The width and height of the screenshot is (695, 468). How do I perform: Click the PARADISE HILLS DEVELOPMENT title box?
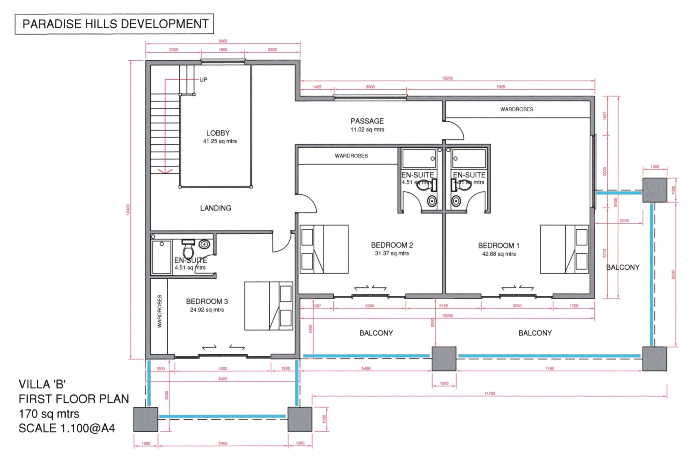click(114, 24)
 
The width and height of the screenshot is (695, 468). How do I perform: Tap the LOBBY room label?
click(218, 133)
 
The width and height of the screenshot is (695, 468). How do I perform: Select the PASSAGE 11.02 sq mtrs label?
click(367, 125)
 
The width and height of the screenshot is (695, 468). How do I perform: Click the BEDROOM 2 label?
click(392, 245)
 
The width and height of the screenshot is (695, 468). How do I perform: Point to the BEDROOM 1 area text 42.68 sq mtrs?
click(499, 254)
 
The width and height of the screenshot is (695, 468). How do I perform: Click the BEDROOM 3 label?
click(207, 302)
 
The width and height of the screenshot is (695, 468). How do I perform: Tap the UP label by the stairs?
click(203, 80)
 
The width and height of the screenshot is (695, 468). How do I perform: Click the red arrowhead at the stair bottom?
click(165, 171)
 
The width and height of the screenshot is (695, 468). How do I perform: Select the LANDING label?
click(215, 208)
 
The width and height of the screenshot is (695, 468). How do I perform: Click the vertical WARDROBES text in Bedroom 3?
click(159, 311)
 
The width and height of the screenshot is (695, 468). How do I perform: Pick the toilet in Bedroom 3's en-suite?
click(188, 249)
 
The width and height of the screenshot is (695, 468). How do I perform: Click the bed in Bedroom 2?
click(324, 249)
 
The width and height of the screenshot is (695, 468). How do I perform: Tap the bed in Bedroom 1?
click(564, 249)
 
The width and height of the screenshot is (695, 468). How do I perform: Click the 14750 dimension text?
click(490, 394)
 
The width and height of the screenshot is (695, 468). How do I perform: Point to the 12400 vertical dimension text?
click(128, 210)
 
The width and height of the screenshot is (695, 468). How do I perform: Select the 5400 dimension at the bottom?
click(223, 443)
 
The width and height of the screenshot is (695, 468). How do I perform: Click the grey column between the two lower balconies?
click(444, 359)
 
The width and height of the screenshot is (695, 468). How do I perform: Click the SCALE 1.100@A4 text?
click(67, 428)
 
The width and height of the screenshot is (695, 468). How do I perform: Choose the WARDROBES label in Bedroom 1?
click(517, 109)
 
